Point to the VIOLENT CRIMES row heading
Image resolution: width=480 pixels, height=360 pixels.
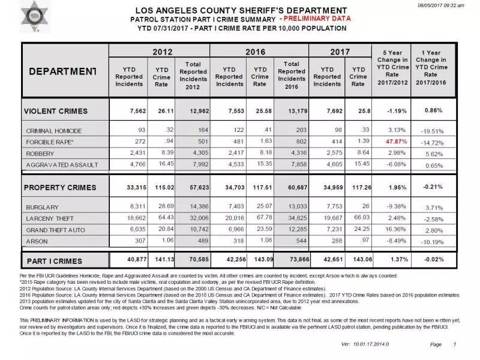(55, 111)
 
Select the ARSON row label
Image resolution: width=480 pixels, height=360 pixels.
(37, 241)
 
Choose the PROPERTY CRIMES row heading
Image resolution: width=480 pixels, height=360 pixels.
(59, 188)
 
